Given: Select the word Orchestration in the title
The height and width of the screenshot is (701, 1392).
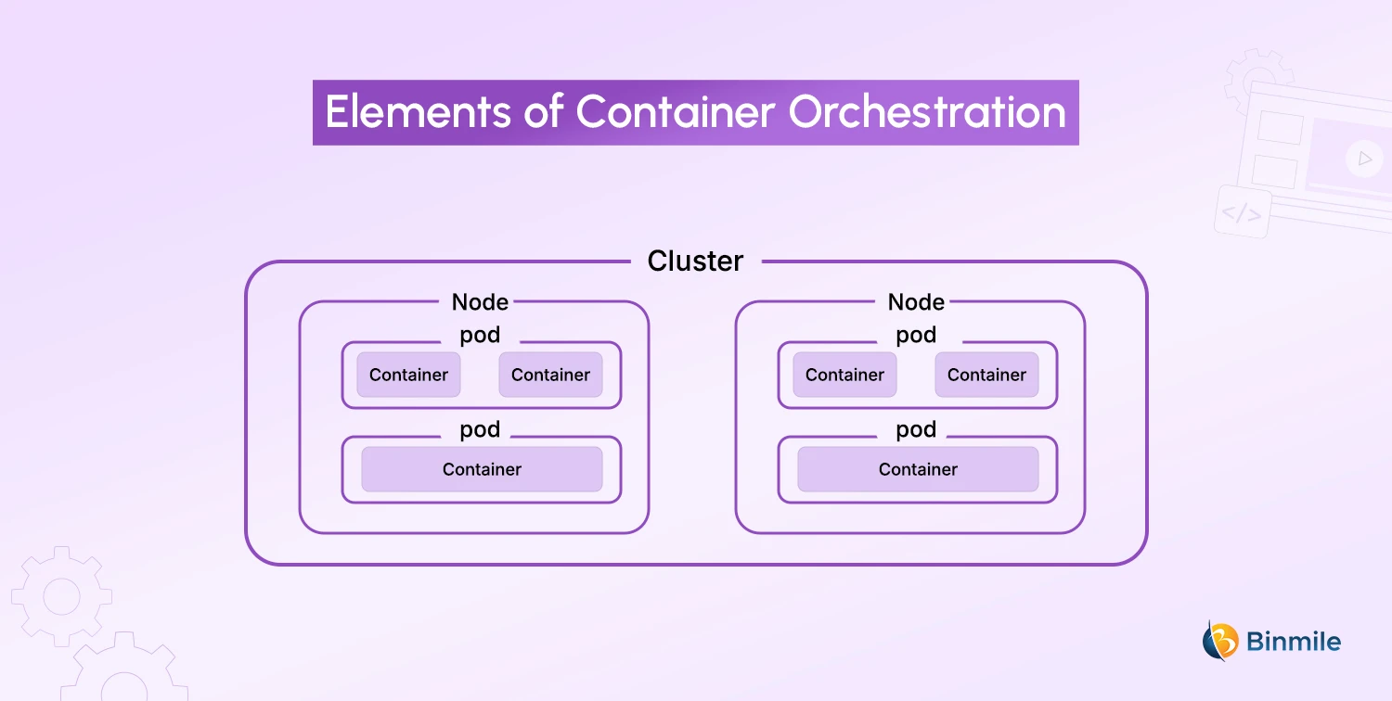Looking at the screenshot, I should (927, 113).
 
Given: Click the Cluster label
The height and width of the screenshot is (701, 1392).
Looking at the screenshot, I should (695, 261).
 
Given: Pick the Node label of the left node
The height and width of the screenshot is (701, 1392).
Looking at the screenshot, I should (480, 302).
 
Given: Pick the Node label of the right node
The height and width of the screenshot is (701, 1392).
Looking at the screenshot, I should (916, 302).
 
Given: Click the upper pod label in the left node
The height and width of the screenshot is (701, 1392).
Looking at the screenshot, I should (480, 336).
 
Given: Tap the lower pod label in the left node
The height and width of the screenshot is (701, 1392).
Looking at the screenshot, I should (480, 430).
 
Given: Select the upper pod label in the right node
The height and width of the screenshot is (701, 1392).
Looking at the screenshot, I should (916, 336).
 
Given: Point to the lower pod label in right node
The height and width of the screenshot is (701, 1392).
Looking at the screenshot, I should (916, 430).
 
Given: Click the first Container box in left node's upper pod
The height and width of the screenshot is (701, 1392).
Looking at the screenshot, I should (408, 375).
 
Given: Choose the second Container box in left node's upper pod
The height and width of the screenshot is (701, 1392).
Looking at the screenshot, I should (550, 375).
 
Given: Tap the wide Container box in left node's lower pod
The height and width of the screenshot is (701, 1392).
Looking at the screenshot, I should (482, 469).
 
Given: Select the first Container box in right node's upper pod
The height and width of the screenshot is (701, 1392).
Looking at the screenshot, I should (844, 375).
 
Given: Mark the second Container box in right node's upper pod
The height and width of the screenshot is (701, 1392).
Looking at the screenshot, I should (986, 375).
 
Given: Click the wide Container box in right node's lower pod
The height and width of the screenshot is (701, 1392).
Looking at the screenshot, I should (918, 469).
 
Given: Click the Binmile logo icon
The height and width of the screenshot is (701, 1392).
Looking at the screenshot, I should (1220, 641).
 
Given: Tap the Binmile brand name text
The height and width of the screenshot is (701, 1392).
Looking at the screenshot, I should (1294, 642).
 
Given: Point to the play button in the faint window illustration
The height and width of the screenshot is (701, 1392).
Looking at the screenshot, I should (1363, 159).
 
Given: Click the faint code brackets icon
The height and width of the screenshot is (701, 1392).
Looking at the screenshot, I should (1241, 213).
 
